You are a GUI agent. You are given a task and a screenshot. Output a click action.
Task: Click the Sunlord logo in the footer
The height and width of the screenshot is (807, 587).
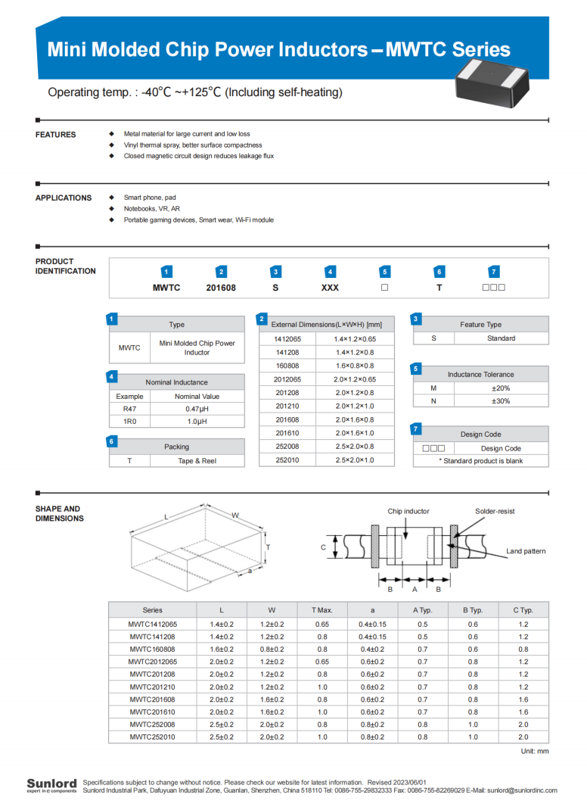[51, 784]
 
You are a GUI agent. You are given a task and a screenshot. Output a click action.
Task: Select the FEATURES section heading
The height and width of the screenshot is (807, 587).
[56, 135]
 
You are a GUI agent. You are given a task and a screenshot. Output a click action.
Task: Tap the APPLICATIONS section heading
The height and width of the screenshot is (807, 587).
[64, 198]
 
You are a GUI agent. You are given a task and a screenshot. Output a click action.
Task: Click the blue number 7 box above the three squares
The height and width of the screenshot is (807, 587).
[493, 272]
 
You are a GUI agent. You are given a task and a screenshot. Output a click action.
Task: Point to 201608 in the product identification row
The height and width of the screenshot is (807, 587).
[221, 288]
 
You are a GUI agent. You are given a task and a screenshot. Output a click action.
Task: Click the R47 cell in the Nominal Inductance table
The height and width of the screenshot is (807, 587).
[129, 409]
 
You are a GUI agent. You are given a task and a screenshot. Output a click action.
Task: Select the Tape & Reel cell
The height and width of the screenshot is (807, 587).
[197, 461]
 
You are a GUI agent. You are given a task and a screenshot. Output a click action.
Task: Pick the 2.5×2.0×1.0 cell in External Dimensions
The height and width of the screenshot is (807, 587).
[354, 460]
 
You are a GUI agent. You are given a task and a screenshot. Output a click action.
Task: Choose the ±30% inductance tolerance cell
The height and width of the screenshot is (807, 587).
[501, 401]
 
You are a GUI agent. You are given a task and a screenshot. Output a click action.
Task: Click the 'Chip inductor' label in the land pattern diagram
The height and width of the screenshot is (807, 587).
[408, 512]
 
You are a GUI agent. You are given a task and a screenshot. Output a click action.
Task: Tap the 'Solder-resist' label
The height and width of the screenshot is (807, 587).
[495, 512]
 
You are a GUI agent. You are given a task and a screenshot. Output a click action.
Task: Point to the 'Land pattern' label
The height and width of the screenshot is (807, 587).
[526, 551]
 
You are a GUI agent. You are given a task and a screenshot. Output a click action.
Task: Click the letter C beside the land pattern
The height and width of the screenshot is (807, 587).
[323, 547]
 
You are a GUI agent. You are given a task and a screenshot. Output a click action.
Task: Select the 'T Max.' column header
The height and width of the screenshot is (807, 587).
[322, 610]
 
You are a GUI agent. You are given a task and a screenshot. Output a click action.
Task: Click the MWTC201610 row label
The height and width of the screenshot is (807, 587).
[152, 712]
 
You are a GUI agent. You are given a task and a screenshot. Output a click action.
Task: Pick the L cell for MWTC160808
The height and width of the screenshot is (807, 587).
[222, 650]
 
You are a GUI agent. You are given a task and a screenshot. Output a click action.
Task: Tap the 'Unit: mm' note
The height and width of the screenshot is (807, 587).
[534, 752]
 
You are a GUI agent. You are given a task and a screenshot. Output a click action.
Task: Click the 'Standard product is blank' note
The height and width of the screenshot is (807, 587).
[481, 461]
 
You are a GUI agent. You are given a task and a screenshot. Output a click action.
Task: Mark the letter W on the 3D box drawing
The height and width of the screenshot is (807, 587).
[235, 516]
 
